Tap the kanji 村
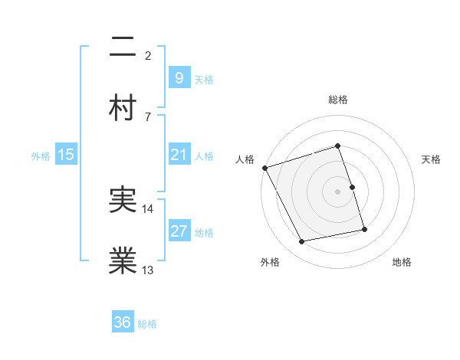tap(123, 106)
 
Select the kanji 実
tap(123, 201)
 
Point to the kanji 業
tap(123, 261)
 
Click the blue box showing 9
tap(179, 77)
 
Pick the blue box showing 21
tap(179, 155)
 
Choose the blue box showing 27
tap(179, 232)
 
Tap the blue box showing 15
tap(66, 155)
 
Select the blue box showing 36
tap(123, 322)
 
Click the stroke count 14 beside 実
tap(148, 208)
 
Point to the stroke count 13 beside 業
tap(148, 270)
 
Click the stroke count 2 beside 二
tap(148, 55)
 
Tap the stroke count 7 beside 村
tap(148, 116)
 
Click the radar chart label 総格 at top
tap(338, 100)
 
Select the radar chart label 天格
tap(432, 159)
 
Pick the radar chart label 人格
tap(245, 159)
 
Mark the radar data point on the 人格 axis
tap(264, 167)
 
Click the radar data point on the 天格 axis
tap(352, 187)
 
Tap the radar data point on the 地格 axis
tap(364, 229)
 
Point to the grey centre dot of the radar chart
tap(338, 191)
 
